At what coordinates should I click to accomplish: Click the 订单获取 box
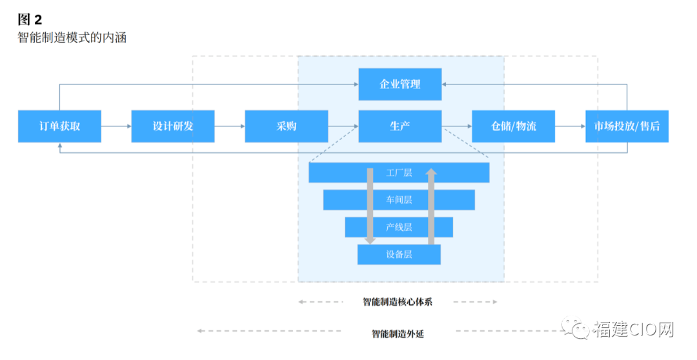coord(59,126)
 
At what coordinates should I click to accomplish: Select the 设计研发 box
coord(173,126)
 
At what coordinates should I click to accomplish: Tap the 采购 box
coord(287,126)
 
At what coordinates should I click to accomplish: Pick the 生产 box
coord(400,126)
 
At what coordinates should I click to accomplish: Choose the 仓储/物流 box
coord(514,126)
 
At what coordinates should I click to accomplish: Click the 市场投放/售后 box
coord(627,126)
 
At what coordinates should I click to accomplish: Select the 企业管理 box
coord(400,84)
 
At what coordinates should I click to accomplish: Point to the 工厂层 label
coord(399,172)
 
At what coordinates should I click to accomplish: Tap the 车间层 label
coord(399,200)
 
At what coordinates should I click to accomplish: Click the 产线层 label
coord(399,227)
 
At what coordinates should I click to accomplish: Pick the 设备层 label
coord(399,254)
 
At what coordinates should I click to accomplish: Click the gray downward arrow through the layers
coord(370,206)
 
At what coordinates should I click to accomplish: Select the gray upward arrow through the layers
coord(431,206)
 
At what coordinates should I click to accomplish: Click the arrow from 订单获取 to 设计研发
coord(116,126)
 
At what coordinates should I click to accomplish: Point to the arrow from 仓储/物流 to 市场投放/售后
coord(571,126)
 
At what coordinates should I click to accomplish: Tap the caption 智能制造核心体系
coord(398,302)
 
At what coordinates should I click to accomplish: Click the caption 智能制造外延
coord(398,334)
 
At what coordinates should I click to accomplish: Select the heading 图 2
coord(30,19)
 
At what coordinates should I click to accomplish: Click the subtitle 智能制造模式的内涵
coord(72,38)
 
